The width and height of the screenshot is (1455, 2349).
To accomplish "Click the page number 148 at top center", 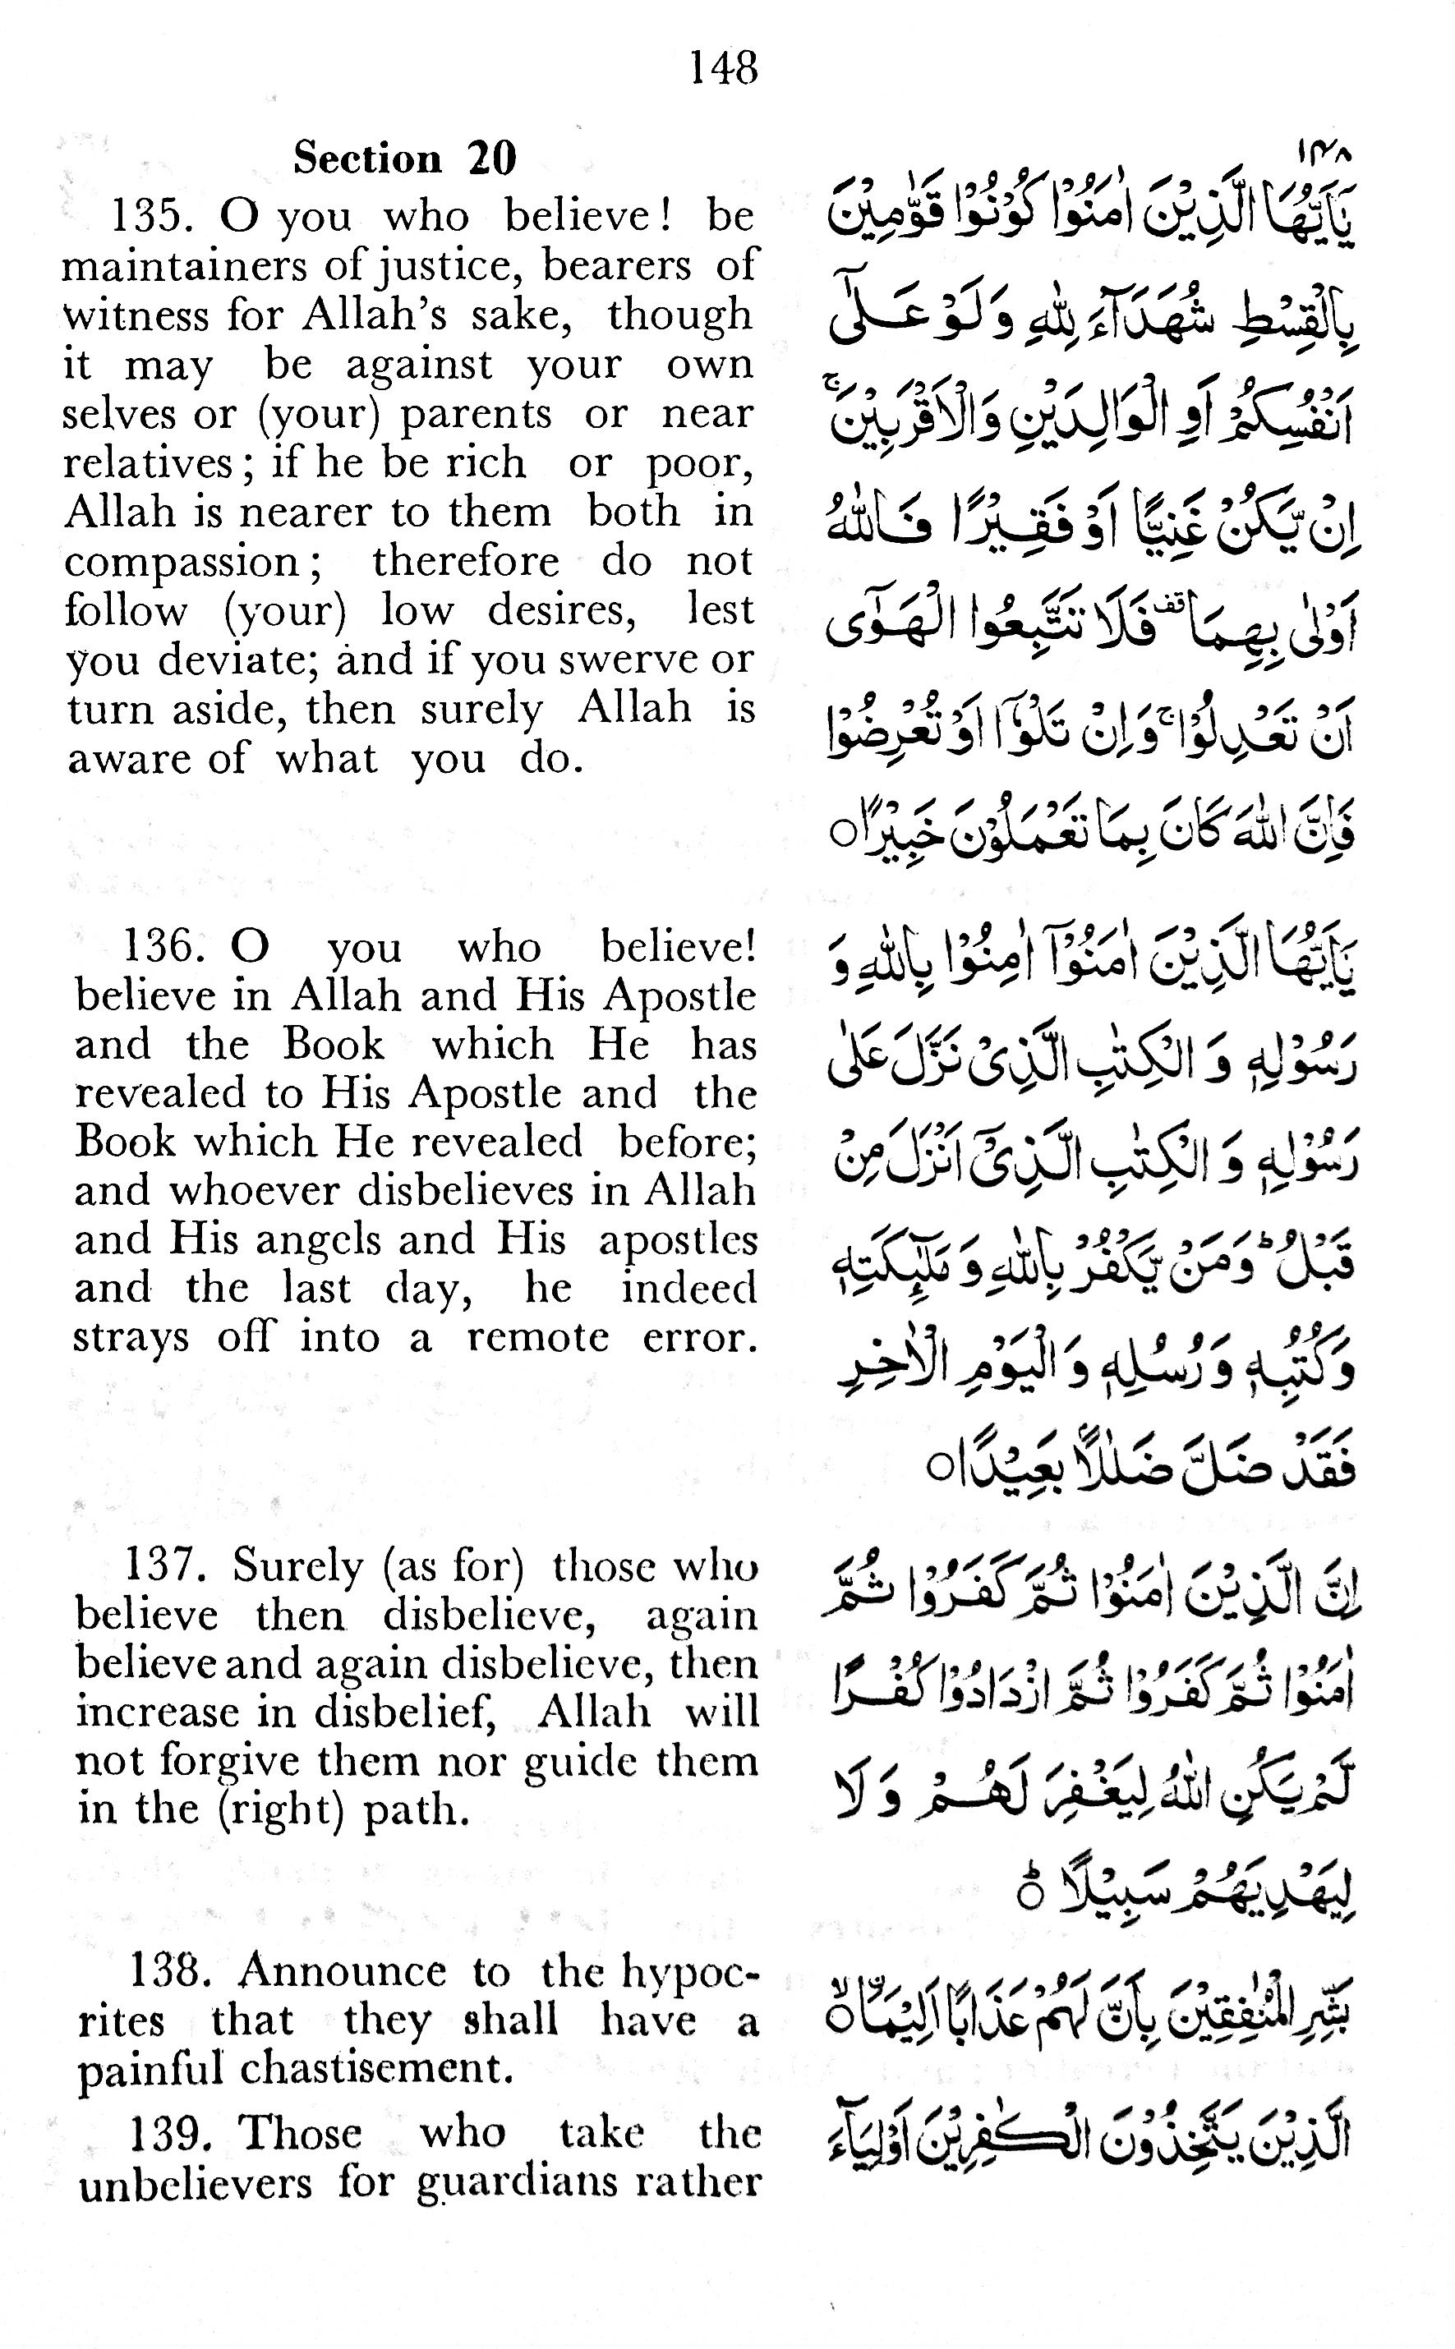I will pyautogui.click(x=724, y=68).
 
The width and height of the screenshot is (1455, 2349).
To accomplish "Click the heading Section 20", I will pyautogui.click(x=405, y=158).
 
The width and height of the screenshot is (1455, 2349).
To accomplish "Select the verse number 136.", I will pyautogui.click(x=164, y=946).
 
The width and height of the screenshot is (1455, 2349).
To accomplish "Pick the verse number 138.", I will pyautogui.click(x=170, y=1971).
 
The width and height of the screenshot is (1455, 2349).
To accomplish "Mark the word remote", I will pyautogui.click(x=538, y=1338).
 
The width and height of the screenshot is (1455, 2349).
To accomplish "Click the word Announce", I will pyautogui.click(x=343, y=1971).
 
